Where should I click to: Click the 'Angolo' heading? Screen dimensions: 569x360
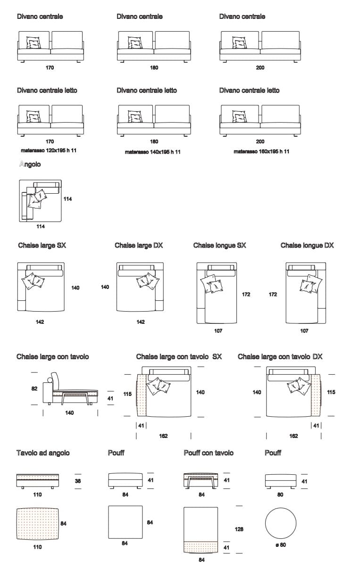coord(30,165)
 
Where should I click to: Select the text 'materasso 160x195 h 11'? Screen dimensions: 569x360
coord(261,151)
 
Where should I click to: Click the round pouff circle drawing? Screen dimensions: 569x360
coord(281,522)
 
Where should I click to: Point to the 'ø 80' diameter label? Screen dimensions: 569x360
coord(280,545)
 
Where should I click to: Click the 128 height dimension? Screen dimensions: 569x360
coord(239,529)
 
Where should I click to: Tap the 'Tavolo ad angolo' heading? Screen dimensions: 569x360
coord(43,453)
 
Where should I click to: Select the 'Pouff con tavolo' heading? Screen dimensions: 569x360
coord(209,453)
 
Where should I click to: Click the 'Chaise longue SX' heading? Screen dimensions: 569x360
coord(219,246)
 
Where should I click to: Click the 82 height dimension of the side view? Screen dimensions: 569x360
coord(34,389)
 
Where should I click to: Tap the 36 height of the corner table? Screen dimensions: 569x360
coord(78,481)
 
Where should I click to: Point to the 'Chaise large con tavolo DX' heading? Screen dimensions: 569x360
coord(280,357)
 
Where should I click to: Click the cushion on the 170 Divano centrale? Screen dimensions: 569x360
coord(33,42)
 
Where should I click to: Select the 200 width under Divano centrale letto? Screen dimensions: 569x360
coord(260,141)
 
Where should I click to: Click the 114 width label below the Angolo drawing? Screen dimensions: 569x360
coord(41,227)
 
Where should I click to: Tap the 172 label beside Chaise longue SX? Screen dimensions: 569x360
coord(246,295)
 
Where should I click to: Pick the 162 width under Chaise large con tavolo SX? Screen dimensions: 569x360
coord(164,436)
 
